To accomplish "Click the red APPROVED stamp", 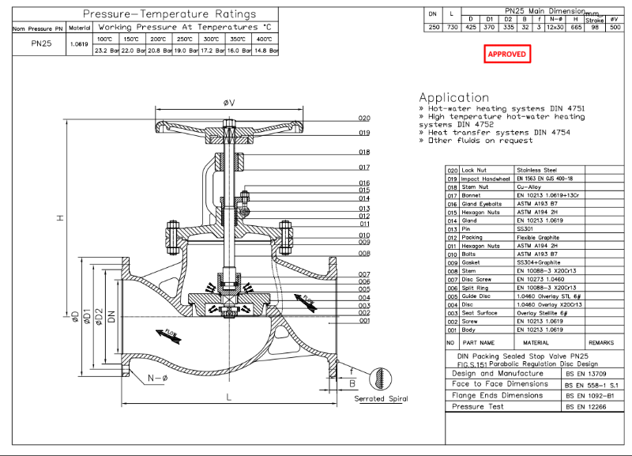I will pos(506,54).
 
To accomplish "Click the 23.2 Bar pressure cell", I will pos(106,50).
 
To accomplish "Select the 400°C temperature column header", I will pos(265,38).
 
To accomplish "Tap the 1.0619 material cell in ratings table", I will pos(78,44).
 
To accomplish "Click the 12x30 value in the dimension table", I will pos(555,26).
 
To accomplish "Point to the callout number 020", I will pos(364,118).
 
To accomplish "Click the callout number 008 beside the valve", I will pos(364,253).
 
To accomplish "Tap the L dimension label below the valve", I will pos(229,398).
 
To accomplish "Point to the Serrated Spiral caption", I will pos(380,398).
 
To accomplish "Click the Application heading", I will pos(454,97).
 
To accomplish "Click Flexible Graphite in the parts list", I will pos(538,237).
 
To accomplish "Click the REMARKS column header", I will pos(600,343).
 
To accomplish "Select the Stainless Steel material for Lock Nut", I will pos(536,170).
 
